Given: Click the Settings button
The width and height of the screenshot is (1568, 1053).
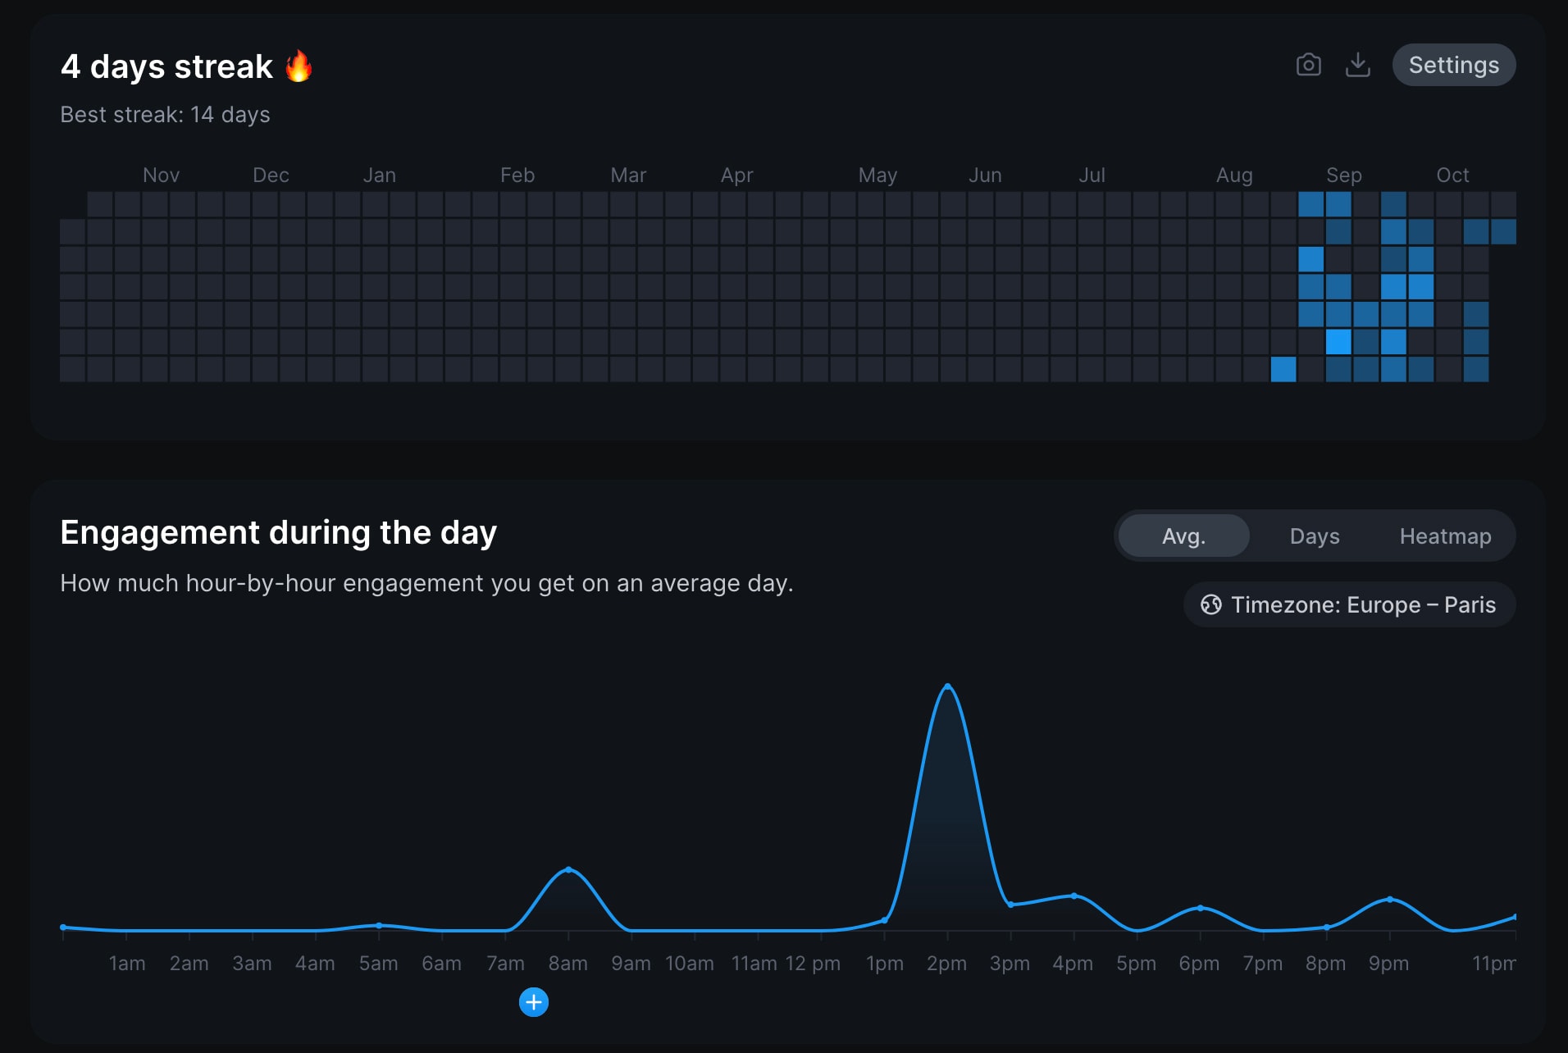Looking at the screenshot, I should point(1453,65).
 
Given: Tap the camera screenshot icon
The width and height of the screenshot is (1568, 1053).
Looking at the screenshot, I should point(1308,65).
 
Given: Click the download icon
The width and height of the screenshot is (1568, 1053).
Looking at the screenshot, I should point(1357,65).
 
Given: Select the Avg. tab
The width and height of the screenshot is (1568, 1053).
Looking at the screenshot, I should point(1183,536).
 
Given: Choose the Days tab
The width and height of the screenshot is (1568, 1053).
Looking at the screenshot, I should point(1314,536).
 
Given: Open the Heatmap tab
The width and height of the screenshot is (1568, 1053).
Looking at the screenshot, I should point(1445,536).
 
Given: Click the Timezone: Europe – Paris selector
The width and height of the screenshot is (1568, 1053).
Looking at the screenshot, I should point(1349,604).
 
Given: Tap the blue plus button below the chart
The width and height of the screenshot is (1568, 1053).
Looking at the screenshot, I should point(534,1002).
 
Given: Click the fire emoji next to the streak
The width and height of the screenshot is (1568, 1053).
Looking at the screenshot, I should point(299,66).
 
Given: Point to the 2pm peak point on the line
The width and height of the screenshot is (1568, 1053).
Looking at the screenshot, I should point(947,686).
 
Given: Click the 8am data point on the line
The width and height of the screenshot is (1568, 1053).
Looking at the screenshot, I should point(568,869).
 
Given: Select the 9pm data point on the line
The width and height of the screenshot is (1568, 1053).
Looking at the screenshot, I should point(1389,900).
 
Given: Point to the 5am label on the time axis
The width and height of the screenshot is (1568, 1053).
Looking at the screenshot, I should point(378,964).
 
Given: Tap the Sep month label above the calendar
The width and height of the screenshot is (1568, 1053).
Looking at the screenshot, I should point(1343,175).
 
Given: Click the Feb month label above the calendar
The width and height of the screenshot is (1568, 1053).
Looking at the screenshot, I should point(517,175).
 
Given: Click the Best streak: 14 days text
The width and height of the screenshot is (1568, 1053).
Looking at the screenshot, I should point(165,115).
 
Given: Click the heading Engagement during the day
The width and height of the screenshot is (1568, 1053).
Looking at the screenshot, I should point(278,532).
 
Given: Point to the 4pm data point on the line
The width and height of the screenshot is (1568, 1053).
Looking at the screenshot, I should point(1073,896).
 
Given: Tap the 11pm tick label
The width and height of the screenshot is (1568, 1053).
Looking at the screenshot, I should point(1493,964).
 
